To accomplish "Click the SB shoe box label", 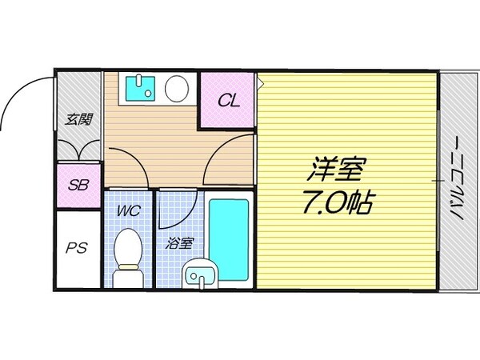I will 78,185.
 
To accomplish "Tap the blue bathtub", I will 229,238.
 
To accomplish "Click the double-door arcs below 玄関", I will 78,150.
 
